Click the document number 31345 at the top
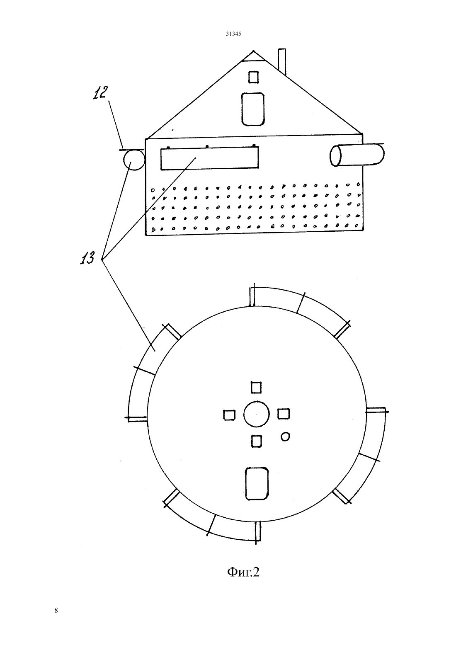[233, 34]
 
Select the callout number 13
[87, 257]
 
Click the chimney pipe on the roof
[282, 62]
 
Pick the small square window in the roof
[253, 77]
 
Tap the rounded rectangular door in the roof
[253, 109]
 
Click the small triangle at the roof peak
[253, 56]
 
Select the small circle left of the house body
[134, 160]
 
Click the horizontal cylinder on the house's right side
[357, 155]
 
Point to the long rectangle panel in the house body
[209, 158]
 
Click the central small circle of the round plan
[257, 414]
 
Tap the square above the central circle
[256, 387]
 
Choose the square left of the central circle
[229, 415]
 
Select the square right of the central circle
[284, 414]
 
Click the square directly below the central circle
[257, 441]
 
